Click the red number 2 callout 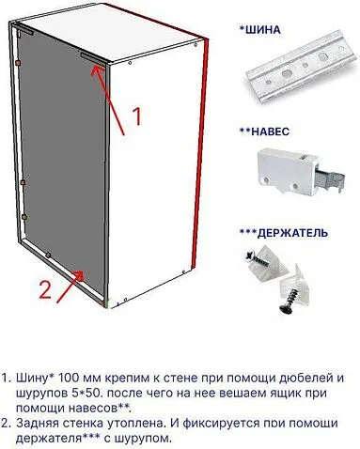tap(44, 288)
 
